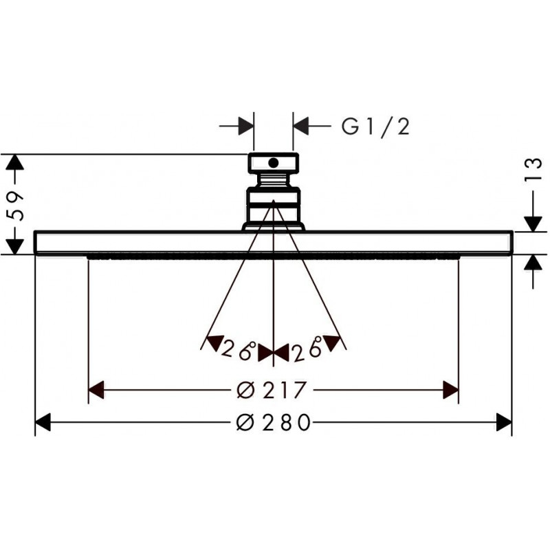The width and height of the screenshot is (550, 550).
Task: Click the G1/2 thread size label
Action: point(375,126)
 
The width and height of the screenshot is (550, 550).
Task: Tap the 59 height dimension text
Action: point(16,206)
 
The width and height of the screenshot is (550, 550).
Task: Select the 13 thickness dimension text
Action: point(533,170)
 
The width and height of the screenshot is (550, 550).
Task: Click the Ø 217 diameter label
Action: point(272,390)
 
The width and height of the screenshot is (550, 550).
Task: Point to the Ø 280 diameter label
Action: point(274,422)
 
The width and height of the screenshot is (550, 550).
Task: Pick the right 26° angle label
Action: point(307,349)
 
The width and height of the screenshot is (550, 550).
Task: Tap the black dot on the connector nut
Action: point(273,162)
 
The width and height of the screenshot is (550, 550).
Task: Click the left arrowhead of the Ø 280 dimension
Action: point(43,422)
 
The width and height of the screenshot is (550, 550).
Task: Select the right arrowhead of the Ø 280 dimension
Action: point(505,422)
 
